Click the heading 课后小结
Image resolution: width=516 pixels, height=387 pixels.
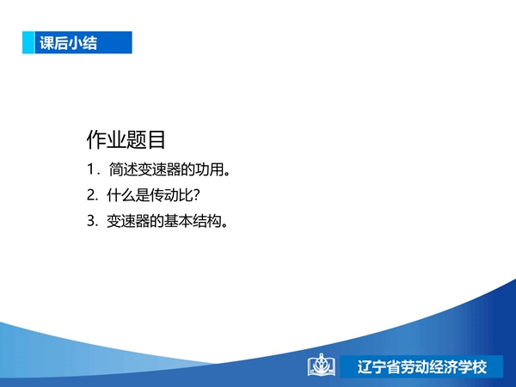[x=69, y=43]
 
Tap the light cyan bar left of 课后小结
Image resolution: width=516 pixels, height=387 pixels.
[x=28, y=42]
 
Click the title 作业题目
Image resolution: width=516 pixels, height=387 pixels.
[x=126, y=140]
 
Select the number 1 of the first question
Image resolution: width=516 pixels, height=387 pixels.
[x=91, y=169]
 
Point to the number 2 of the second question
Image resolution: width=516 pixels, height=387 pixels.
[x=91, y=195]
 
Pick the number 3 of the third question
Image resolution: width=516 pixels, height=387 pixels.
[x=91, y=220]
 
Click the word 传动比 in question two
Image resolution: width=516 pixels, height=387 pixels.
[x=171, y=195]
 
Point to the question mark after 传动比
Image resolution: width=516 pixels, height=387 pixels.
[x=196, y=195]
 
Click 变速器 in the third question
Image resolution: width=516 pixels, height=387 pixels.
[x=128, y=220]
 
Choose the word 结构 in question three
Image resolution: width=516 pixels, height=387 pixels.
[x=207, y=220]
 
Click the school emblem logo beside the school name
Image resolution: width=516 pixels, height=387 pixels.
[x=322, y=365]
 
